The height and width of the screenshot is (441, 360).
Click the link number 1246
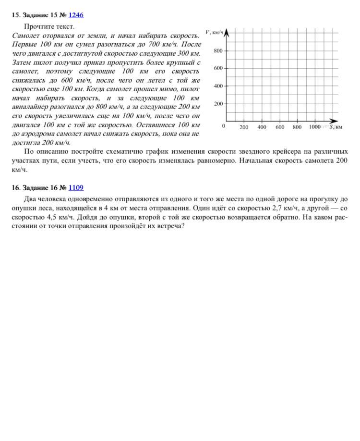[76, 15]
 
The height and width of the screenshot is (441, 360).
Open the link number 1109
[76, 188]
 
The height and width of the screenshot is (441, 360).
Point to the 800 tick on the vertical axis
[218, 50]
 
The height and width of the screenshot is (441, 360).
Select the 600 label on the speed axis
[218, 68]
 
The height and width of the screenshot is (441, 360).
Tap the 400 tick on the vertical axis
[218, 86]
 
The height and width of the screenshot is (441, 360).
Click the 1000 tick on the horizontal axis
[314, 127]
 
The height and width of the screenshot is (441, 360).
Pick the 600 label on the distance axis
[280, 127]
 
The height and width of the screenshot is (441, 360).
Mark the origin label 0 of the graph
[223, 126]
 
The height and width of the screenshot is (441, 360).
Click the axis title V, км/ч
[214, 32]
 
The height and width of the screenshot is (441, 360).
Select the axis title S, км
[336, 127]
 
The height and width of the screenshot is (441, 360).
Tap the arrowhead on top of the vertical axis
[227, 32]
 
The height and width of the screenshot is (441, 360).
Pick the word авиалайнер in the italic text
[32, 107]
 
